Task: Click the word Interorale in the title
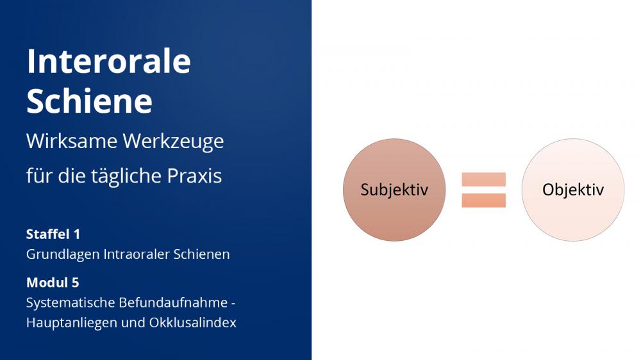[109, 61]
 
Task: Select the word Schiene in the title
[90, 101]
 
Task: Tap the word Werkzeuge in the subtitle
[173, 142]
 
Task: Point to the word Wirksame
[72, 141]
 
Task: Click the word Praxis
[194, 176]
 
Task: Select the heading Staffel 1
[53, 234]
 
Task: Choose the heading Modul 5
[53, 282]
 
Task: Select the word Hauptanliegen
[72, 323]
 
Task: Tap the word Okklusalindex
[192, 322]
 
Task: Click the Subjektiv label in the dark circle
[394, 190]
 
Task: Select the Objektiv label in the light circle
[572, 190]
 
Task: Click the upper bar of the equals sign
[483, 180]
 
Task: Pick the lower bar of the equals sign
[483, 200]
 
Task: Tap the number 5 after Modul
[75, 282]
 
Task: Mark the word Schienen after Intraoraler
[201, 254]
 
